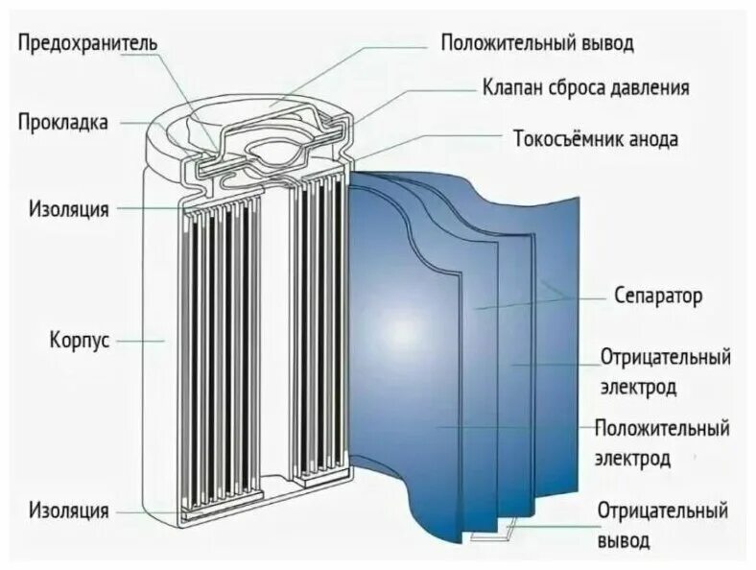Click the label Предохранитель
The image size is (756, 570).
(x=87, y=43)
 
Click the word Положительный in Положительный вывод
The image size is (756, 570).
(x=508, y=43)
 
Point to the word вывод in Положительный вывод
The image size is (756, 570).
(x=605, y=43)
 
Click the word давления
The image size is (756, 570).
(x=652, y=88)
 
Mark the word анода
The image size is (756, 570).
(x=653, y=139)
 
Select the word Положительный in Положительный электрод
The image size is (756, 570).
(x=662, y=428)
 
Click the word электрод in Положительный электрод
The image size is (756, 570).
(x=634, y=459)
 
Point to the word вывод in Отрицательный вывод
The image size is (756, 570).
(x=624, y=540)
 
